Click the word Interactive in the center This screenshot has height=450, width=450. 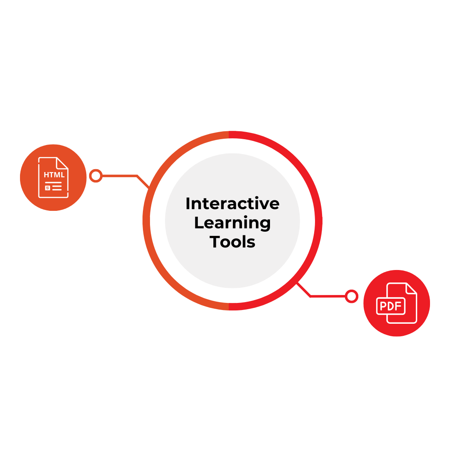click(x=232, y=204)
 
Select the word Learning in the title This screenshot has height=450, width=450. click(x=232, y=223)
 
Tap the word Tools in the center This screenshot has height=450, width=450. click(x=232, y=242)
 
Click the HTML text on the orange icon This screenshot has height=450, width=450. click(x=54, y=175)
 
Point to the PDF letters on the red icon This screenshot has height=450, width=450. click(x=391, y=306)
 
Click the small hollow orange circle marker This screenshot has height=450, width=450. click(x=96, y=176)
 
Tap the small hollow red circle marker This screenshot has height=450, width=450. click(x=352, y=296)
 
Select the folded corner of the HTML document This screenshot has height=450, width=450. click(x=62, y=163)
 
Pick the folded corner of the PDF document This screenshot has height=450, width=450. click(x=411, y=288)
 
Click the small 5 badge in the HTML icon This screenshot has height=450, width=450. click(x=47, y=188)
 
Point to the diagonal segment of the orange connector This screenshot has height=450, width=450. click(x=143, y=182)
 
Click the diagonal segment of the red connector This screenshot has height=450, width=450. click(x=304, y=290)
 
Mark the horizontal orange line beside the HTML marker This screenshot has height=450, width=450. click(x=120, y=176)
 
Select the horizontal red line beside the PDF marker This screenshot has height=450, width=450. click(x=327, y=296)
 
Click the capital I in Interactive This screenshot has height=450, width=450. click(x=187, y=204)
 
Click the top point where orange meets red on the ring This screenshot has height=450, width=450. click(x=229, y=134)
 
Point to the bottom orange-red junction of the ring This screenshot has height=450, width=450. click(x=229, y=307)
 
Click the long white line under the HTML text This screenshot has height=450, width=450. click(x=53, y=182)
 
